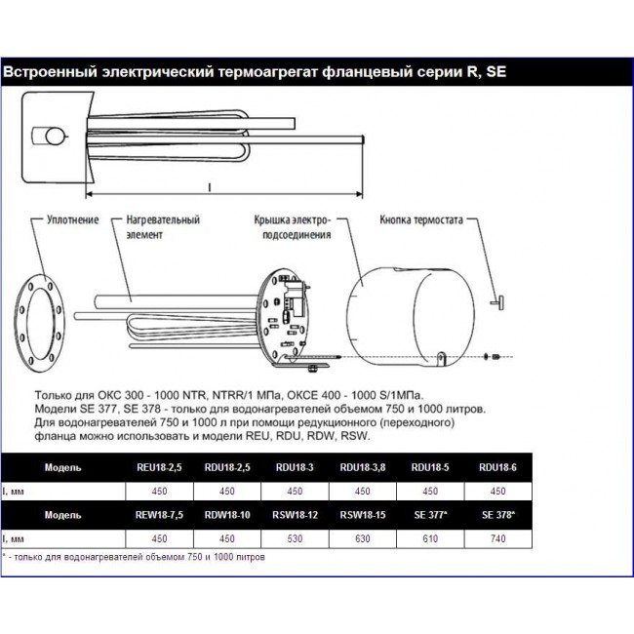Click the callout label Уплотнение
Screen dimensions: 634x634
click(x=72, y=220)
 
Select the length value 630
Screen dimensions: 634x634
click(x=360, y=537)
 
